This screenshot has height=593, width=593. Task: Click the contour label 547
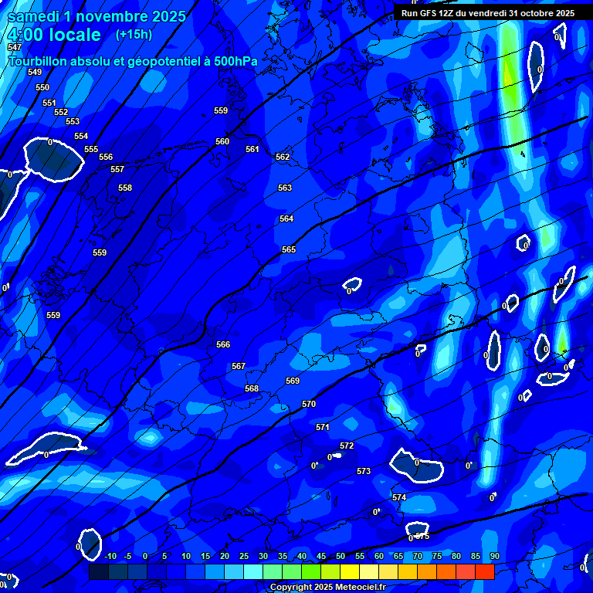pos(15,48)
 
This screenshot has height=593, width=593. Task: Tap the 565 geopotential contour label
pos(289,249)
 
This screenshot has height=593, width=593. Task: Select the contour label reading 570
pos(309,404)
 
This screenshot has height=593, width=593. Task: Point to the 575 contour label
pos(422,536)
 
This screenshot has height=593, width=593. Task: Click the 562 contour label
pos(283,157)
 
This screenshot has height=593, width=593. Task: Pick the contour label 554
pos(81,136)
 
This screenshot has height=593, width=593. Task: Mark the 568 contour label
pos(252,388)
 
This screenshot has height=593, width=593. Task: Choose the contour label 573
pos(364,471)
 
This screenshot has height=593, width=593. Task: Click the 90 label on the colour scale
pos(494,556)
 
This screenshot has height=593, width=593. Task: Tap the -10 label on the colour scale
pos(110,556)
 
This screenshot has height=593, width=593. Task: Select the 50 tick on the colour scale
pos(341,556)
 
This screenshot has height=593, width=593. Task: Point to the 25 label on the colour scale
pos(244,556)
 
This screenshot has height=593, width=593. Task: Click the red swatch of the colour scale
pos(484,571)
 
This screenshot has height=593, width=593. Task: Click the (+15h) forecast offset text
pos(134,34)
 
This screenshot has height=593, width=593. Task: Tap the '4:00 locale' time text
pos(54,35)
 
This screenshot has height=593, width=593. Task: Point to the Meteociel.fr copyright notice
pos(327,588)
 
